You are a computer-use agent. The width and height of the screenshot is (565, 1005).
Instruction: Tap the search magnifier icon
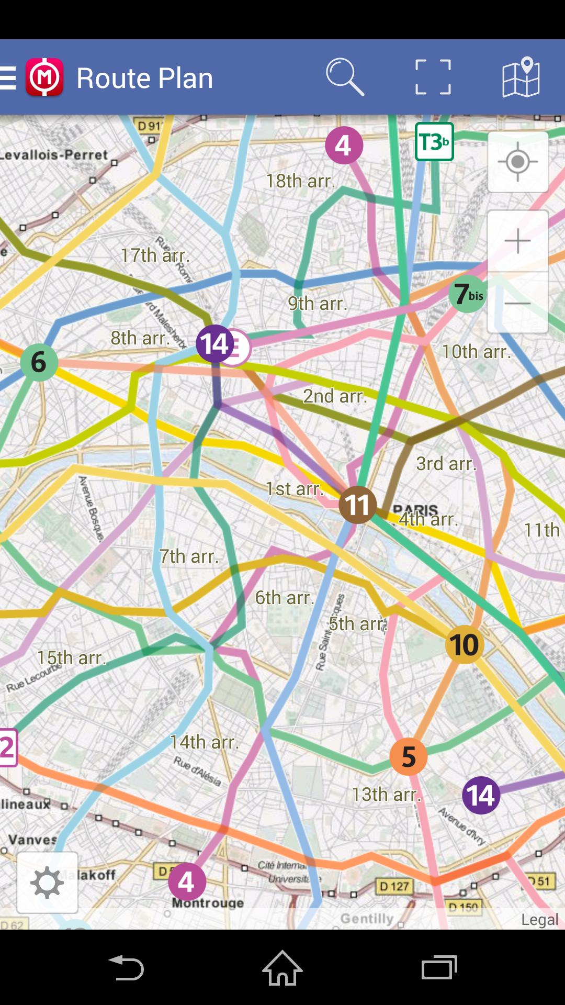pos(345,77)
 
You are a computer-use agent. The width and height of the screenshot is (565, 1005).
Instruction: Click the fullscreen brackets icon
pos(433,77)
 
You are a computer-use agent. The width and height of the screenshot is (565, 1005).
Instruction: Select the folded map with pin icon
pos(521,77)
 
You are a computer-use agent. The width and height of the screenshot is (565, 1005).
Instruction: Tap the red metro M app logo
pos(44,77)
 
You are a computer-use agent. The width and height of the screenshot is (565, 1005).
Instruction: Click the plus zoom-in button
pos(518,241)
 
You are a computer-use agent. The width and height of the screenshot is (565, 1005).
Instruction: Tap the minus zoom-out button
pos(518,303)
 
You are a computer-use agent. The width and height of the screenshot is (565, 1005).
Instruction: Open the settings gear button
pos(47,883)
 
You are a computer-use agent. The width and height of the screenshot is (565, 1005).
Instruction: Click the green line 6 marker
pos(39,362)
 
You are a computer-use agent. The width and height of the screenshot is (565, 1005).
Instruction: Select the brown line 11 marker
pos(358,505)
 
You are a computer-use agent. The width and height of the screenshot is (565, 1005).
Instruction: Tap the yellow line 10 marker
pos(464,644)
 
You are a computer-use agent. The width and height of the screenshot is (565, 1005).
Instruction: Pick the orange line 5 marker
pos(409,757)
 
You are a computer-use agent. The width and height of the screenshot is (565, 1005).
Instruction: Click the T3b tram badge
pos(434,142)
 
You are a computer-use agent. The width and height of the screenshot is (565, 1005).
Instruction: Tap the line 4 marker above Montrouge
pos(187,882)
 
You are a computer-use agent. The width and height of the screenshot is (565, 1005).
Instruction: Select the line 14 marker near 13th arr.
pos(481,796)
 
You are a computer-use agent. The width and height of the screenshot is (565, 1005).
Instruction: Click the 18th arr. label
pos(300,181)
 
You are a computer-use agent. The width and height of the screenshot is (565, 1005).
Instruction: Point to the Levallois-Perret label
pos(54,155)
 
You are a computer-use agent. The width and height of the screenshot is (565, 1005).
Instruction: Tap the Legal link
pos(539,920)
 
